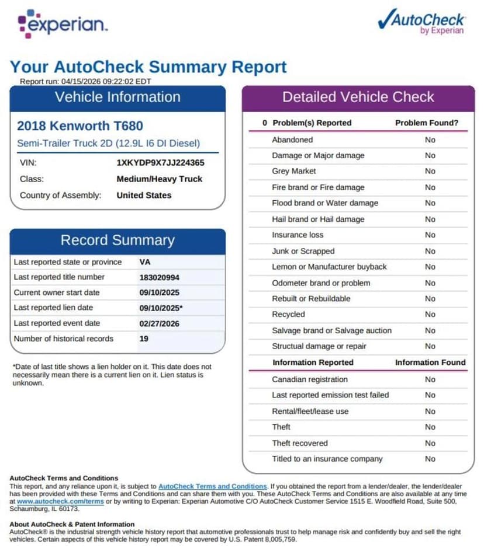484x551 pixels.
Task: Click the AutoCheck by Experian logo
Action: pos(421,22)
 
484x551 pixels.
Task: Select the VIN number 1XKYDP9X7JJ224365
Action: pos(160,163)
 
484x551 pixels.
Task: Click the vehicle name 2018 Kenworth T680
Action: pos(80,125)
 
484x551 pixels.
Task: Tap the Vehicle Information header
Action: pos(117,97)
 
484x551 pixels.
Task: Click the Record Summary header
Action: pos(117,240)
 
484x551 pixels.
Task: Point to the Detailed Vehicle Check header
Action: pos(358,97)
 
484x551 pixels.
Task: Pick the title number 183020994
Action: pos(160,277)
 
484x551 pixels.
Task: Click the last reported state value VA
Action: pos(145,262)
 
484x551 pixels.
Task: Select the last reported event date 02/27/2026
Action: pos(160,323)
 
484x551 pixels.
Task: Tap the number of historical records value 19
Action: pos(144,339)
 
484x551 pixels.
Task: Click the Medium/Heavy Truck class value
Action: pos(160,179)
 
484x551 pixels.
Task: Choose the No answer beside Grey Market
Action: pos(430,171)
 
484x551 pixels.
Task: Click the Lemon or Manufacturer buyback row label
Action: pos(329,267)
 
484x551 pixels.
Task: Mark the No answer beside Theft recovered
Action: pos(430,443)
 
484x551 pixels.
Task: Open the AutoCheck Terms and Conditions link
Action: pos(212,486)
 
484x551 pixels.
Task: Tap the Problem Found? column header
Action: pos(427,123)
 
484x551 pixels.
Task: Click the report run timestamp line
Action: pos(85,82)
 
